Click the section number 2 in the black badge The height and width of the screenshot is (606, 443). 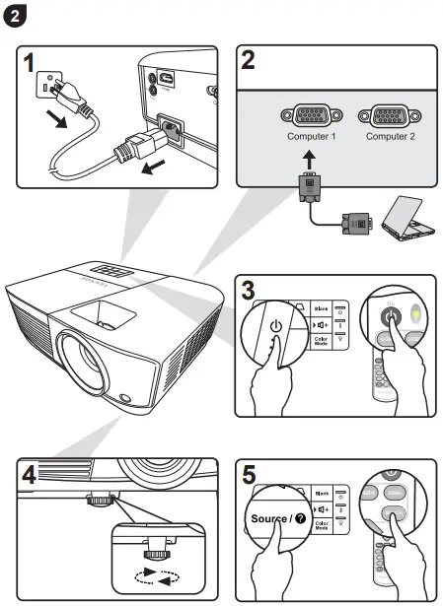tap(17, 17)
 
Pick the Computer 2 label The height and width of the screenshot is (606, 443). tap(390, 136)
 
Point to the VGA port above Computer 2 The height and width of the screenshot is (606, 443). tap(390, 114)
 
